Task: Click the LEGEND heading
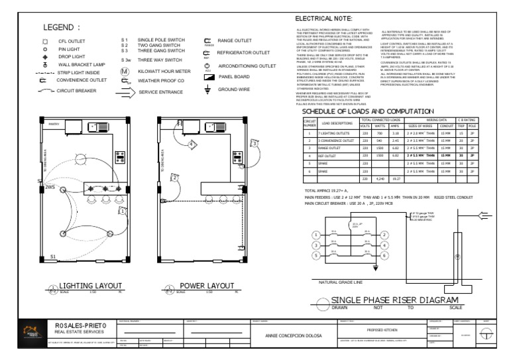point(62,28)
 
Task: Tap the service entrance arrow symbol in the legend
point(125,92)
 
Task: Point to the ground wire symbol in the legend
point(205,89)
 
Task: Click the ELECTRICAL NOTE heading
point(323,19)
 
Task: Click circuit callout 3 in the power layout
point(254,142)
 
